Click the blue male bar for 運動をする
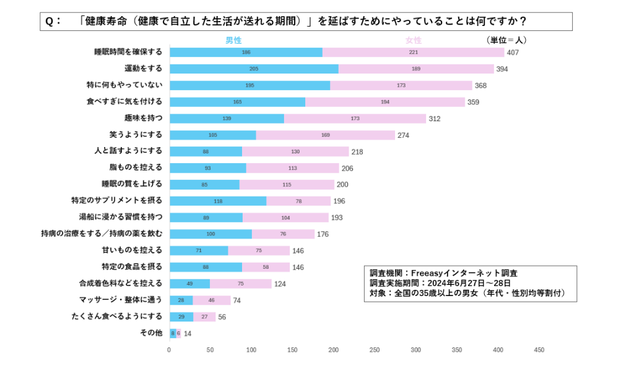pyautogui.click(x=254, y=69)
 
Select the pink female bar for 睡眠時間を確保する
pyautogui.click(x=413, y=53)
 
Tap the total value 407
pyautogui.click(x=513, y=53)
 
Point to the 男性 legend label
pyautogui.click(x=233, y=40)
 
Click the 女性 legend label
pyautogui.click(x=413, y=40)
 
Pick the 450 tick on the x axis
pyautogui.click(x=539, y=350)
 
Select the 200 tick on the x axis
pyautogui.click(x=334, y=350)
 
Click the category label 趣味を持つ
pyautogui.click(x=144, y=118)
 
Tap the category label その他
pyautogui.click(x=151, y=333)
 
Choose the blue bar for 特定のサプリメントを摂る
pyautogui.click(x=218, y=201)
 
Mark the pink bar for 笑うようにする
pyautogui.click(x=325, y=135)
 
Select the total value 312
pyautogui.click(x=435, y=119)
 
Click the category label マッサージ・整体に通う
pyautogui.click(x=121, y=300)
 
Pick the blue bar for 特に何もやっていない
pyautogui.click(x=250, y=85)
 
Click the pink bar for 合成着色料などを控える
pyautogui.click(x=240, y=283)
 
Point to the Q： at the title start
pyautogui.click(x=53, y=21)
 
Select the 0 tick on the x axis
pyautogui.click(x=169, y=350)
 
